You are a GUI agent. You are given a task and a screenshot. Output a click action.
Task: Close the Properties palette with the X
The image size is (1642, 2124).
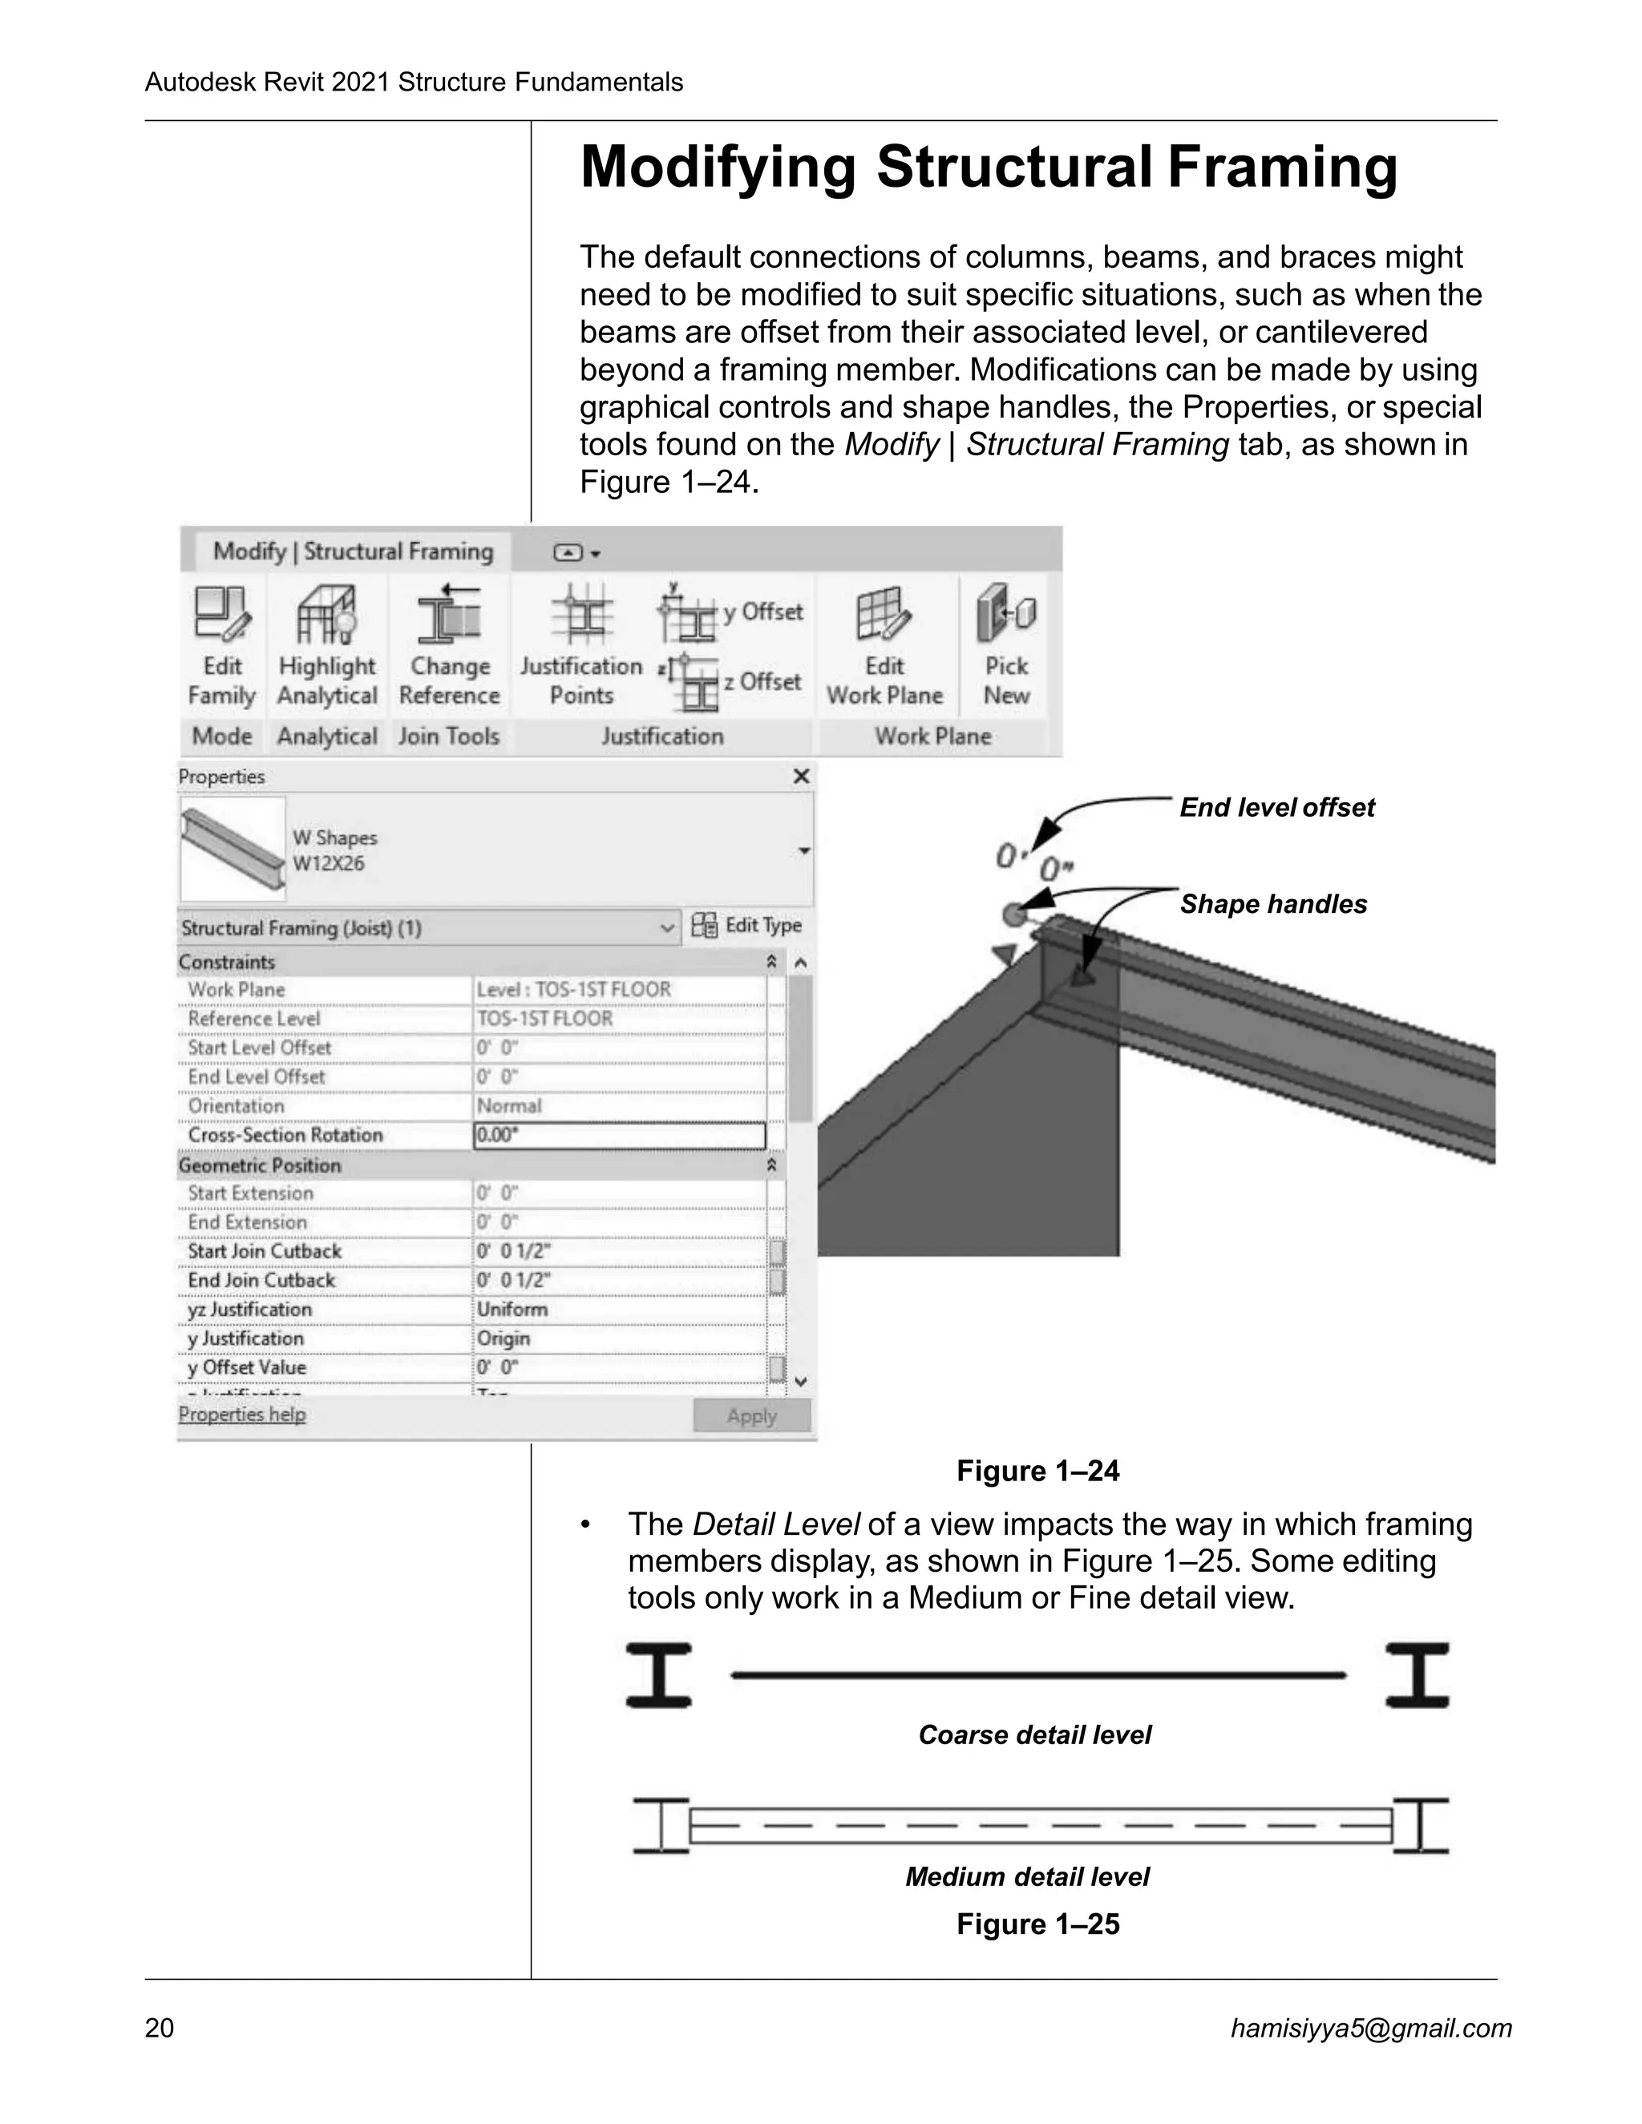pos(801,776)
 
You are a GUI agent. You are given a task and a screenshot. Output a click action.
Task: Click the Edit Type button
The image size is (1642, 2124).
pos(747,925)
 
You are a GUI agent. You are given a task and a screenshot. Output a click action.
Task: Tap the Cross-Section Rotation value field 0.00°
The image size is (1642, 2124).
pos(619,1135)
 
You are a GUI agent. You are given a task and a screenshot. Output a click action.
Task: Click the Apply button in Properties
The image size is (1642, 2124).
pos(751,1416)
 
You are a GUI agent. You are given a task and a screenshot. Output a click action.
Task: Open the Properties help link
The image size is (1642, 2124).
pos(241,1414)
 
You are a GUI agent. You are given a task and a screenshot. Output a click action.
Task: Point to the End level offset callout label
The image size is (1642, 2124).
pos(1276,807)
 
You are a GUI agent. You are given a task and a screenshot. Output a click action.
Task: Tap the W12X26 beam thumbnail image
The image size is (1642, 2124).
pos(233,848)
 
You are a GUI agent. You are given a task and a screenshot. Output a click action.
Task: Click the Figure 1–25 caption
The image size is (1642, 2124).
pos(1038,1924)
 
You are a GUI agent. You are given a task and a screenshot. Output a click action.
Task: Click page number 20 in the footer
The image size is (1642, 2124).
pos(160,2028)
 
